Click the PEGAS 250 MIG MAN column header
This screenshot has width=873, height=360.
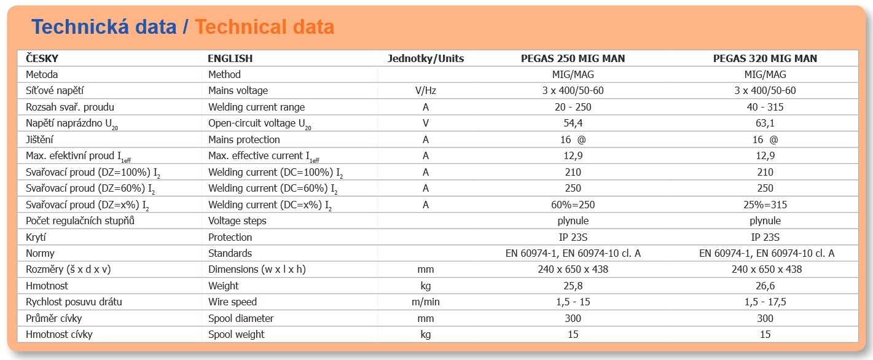(573, 59)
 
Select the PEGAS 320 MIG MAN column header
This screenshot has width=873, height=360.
(765, 59)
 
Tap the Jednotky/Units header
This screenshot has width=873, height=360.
(426, 59)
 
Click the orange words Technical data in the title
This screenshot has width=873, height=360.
(265, 27)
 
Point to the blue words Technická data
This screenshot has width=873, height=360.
(104, 27)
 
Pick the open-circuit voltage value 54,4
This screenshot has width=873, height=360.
(573, 123)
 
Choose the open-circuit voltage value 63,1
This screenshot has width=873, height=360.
(765, 123)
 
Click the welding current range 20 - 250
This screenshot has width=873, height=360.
(573, 107)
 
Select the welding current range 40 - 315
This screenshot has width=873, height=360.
(765, 107)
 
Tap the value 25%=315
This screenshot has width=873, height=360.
(765, 205)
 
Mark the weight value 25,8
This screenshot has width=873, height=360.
(573, 286)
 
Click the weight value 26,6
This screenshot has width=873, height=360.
(765, 286)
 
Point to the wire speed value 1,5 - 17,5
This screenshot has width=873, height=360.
(765, 302)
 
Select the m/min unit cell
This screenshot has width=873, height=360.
(426, 302)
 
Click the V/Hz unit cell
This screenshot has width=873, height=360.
(426, 91)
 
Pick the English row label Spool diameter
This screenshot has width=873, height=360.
(241, 318)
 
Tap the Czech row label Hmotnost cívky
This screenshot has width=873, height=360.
(59, 334)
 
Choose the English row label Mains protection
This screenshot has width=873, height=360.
(244, 139)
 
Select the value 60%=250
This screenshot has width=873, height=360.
(573, 205)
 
